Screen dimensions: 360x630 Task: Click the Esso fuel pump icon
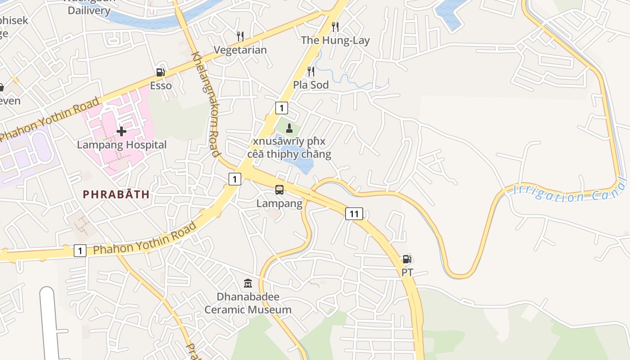(x=160, y=72)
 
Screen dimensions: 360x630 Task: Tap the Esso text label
(x=161, y=85)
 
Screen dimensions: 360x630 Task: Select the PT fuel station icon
(x=407, y=259)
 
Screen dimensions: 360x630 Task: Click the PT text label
(x=407, y=272)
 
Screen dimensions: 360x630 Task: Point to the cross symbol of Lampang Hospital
(x=121, y=131)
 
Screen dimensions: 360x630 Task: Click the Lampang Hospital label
(x=121, y=145)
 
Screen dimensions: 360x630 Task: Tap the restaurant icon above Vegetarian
(x=240, y=36)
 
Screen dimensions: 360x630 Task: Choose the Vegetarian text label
(x=240, y=49)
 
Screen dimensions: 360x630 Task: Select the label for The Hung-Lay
(x=335, y=40)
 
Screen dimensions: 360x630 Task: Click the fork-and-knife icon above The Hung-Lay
(x=335, y=27)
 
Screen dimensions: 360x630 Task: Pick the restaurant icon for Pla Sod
(x=310, y=71)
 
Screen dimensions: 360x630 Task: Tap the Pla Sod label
(x=311, y=85)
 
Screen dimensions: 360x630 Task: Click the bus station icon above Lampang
(x=279, y=190)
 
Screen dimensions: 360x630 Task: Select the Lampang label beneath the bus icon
(x=279, y=203)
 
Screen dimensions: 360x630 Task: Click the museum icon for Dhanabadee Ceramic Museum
(x=248, y=283)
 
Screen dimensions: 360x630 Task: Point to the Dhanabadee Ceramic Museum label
(x=248, y=303)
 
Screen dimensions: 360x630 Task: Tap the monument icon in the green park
(x=289, y=128)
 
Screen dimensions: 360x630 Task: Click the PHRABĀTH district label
(x=116, y=194)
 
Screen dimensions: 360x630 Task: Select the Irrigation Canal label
(x=570, y=192)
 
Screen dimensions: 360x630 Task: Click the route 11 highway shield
(x=354, y=214)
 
